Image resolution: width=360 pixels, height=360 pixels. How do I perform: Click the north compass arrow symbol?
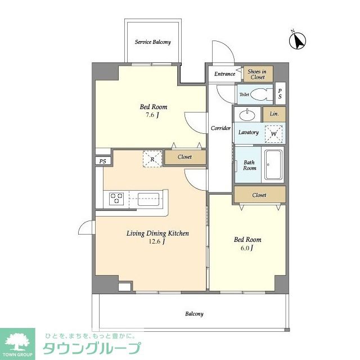point(298,40)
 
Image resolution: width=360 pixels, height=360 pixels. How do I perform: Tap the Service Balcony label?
point(152,42)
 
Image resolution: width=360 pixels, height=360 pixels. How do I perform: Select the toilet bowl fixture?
point(259,94)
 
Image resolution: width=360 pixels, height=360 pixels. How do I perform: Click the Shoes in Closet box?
point(258,74)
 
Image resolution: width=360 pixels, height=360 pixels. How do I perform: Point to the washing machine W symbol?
point(274,134)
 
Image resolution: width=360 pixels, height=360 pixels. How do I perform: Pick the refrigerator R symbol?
point(152,159)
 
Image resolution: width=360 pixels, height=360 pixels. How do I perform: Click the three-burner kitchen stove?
point(116,199)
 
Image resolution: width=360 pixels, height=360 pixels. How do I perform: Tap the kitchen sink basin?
point(148,199)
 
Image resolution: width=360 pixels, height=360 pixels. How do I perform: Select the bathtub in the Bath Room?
point(273,165)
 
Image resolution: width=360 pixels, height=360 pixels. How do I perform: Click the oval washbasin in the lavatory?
point(247,114)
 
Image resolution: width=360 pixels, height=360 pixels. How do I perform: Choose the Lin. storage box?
point(274,114)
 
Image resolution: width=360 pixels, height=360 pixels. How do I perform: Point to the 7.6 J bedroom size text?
point(152,115)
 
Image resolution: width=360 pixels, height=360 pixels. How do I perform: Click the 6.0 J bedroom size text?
point(247,248)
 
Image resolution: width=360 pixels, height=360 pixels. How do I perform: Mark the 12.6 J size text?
point(157,241)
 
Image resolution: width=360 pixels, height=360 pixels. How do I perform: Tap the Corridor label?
point(220,128)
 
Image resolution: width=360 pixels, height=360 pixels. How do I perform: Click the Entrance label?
point(225,74)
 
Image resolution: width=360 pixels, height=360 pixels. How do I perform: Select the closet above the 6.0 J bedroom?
point(260,195)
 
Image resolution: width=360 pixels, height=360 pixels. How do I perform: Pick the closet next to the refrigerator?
point(185,157)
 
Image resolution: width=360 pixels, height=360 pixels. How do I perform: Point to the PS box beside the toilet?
point(280,93)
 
